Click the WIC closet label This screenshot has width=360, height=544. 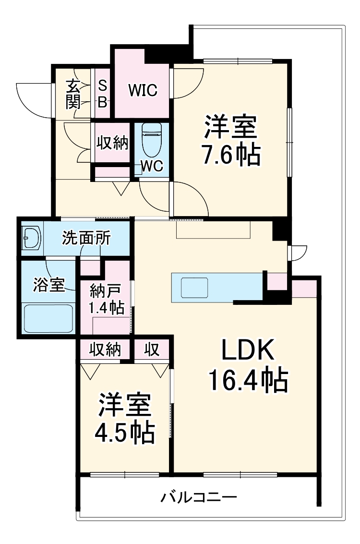(x=142, y=90)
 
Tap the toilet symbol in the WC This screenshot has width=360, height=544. (x=152, y=139)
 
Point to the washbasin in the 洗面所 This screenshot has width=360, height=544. (x=32, y=238)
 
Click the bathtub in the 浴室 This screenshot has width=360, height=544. (x=48, y=318)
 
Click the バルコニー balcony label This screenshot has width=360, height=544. (x=198, y=496)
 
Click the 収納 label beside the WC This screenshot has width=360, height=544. (x=113, y=143)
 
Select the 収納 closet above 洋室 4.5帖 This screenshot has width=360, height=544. (x=104, y=349)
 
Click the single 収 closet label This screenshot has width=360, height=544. (x=152, y=349)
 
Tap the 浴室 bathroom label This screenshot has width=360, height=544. (x=48, y=284)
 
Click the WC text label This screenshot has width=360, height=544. (x=152, y=166)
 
